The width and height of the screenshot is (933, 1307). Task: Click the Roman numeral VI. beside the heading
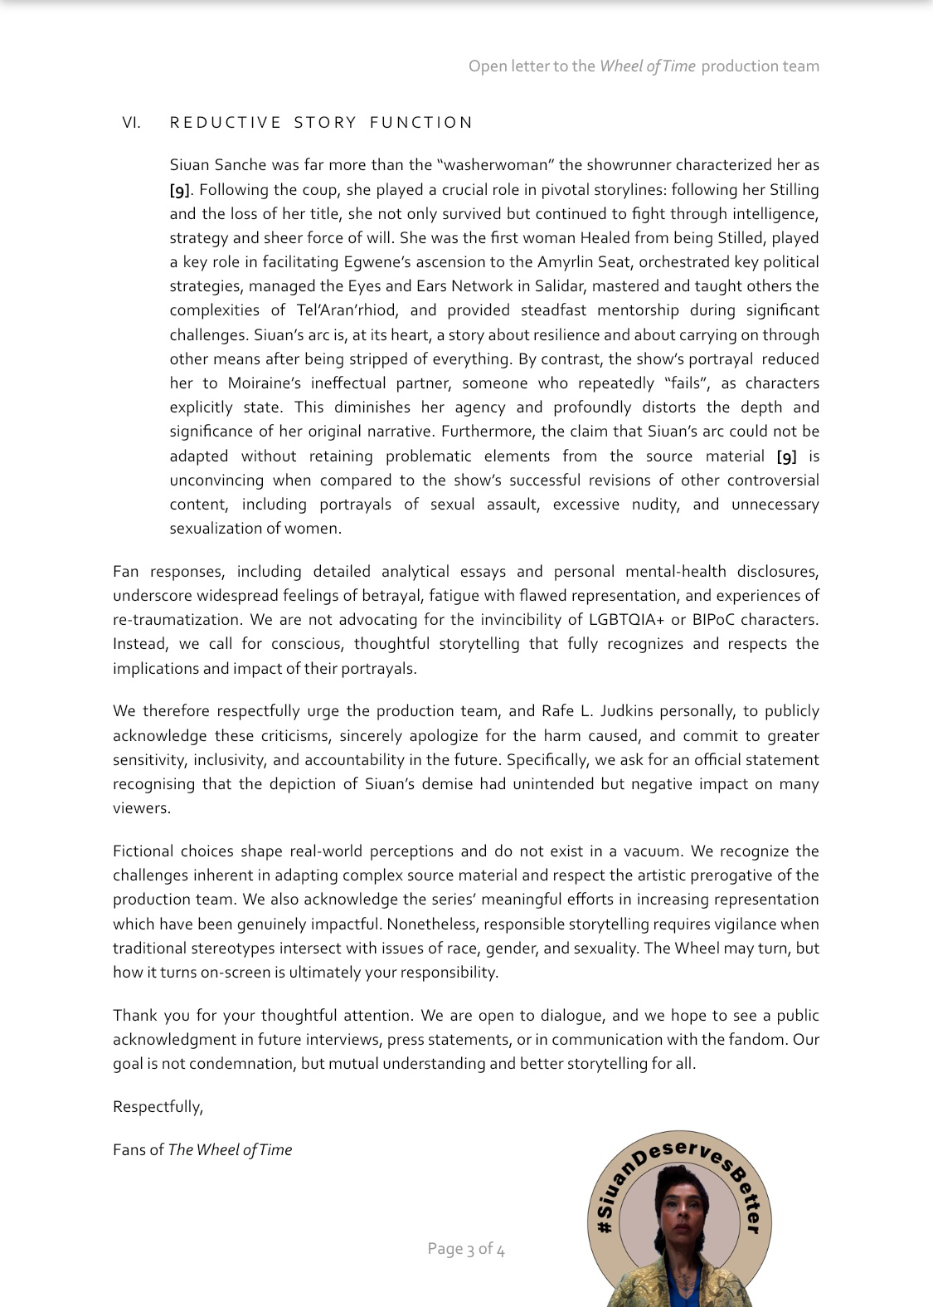click(131, 123)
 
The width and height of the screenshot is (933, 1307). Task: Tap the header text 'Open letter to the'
click(532, 66)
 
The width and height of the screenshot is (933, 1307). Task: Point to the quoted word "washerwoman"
click(494, 165)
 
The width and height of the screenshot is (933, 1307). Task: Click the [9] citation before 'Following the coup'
click(179, 190)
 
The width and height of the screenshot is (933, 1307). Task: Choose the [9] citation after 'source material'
click(786, 456)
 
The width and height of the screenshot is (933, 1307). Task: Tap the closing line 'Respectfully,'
click(158, 1107)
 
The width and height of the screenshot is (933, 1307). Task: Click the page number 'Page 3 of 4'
click(466, 1249)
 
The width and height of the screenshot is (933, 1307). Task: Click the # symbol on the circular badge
click(605, 1226)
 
